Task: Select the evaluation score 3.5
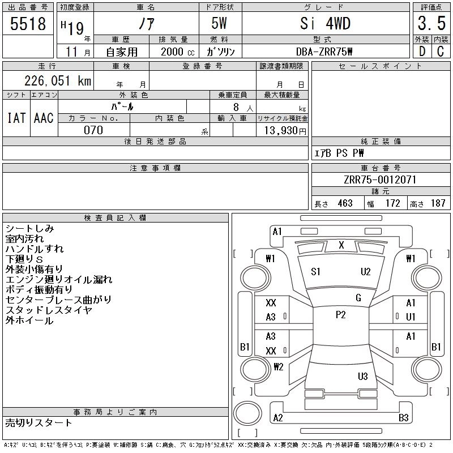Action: [x=430, y=24]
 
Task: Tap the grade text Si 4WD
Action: [x=325, y=24]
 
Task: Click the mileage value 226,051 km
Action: [x=57, y=81]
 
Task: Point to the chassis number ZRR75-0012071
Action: [x=380, y=180]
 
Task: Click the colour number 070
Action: [x=93, y=130]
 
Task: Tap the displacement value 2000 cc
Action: [x=173, y=52]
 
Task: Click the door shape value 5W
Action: [x=220, y=24]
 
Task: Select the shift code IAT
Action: [x=16, y=118]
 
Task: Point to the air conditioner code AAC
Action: [x=43, y=118]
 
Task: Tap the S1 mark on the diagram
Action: [x=316, y=272]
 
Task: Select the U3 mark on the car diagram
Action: [x=363, y=377]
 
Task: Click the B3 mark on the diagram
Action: [x=403, y=418]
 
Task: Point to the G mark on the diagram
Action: [x=358, y=298]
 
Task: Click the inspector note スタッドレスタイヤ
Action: [x=49, y=310]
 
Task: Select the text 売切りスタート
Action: [x=39, y=423]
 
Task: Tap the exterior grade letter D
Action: [x=421, y=52]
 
